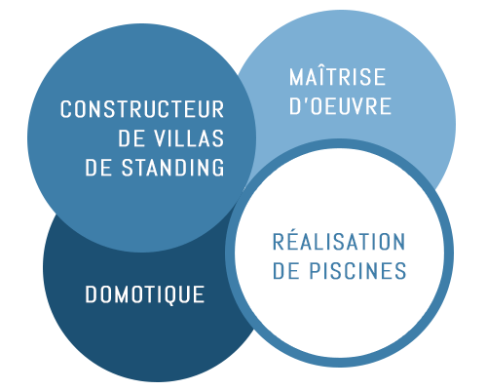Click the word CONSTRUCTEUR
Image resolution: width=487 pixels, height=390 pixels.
(x=142, y=109)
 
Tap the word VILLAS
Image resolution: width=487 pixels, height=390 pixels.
(x=189, y=138)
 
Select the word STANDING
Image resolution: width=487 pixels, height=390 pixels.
(x=172, y=168)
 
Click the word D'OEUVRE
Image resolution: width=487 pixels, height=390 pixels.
(x=340, y=106)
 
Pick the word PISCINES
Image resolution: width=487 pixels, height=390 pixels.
(x=357, y=271)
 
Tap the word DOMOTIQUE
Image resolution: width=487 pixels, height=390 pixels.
(x=145, y=294)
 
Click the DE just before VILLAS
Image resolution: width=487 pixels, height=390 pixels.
(x=131, y=138)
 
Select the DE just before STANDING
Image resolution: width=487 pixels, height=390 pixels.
(x=98, y=168)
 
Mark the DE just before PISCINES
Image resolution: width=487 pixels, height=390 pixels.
(x=286, y=271)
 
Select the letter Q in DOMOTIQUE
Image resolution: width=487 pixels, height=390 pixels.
(x=171, y=295)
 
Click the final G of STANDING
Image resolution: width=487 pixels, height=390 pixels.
(x=218, y=168)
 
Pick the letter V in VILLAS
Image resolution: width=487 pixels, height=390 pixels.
(x=160, y=138)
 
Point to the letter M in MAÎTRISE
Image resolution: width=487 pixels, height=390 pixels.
(x=296, y=77)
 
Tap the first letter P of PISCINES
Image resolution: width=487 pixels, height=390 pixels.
(x=315, y=271)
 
